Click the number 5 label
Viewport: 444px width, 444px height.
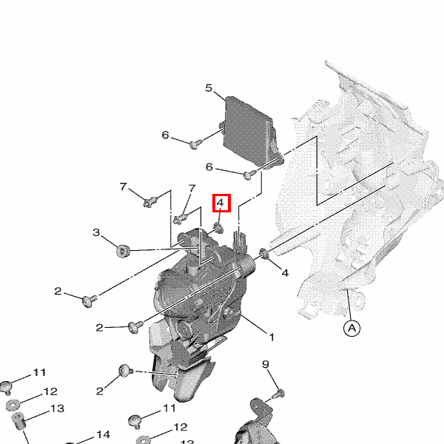[209, 88]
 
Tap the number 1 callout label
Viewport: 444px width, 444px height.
[272, 337]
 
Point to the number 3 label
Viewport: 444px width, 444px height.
[96, 232]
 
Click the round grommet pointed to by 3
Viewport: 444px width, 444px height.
[123, 251]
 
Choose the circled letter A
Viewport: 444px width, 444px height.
[351, 328]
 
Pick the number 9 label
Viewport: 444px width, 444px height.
[266, 364]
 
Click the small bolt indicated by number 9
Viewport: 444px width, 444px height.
[279, 394]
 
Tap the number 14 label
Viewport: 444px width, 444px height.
[103, 434]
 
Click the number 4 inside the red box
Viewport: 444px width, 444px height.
[221, 203]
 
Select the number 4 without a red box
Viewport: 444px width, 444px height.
[285, 272]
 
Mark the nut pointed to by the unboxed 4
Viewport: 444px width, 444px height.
[264, 253]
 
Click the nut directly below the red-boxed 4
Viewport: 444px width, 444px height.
[218, 228]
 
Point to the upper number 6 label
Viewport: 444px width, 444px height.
[165, 135]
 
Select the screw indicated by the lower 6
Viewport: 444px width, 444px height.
[250, 175]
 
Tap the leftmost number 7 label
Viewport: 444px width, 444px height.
[123, 186]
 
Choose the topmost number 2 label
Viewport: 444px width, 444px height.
[58, 291]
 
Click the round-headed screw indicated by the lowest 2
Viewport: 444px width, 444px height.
[126, 371]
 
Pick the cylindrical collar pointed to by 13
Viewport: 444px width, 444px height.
[18, 421]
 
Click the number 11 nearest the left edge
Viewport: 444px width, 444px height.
[39, 372]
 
